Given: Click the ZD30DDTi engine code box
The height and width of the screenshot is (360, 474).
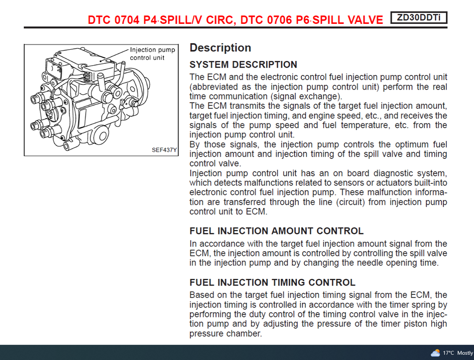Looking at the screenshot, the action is coord(419,17).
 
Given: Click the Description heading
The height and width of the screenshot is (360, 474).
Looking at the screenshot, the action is coord(221,48).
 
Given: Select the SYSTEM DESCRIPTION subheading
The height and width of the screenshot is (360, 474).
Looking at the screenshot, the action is coord(244,64).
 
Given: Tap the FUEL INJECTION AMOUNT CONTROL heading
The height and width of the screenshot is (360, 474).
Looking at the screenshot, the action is coord(277,231).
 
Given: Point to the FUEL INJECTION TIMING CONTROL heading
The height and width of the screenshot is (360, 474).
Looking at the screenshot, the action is coord(273,282).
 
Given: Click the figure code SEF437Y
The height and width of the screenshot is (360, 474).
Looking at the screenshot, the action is coord(164,150).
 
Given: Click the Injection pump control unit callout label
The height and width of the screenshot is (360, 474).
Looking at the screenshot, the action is coord(152,53).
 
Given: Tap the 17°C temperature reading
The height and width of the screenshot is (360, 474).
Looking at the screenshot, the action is coord(448,353).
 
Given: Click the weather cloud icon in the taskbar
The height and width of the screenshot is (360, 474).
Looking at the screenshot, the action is coord(435,353).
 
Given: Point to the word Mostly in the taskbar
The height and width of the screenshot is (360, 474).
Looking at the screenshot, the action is coord(465,353).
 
